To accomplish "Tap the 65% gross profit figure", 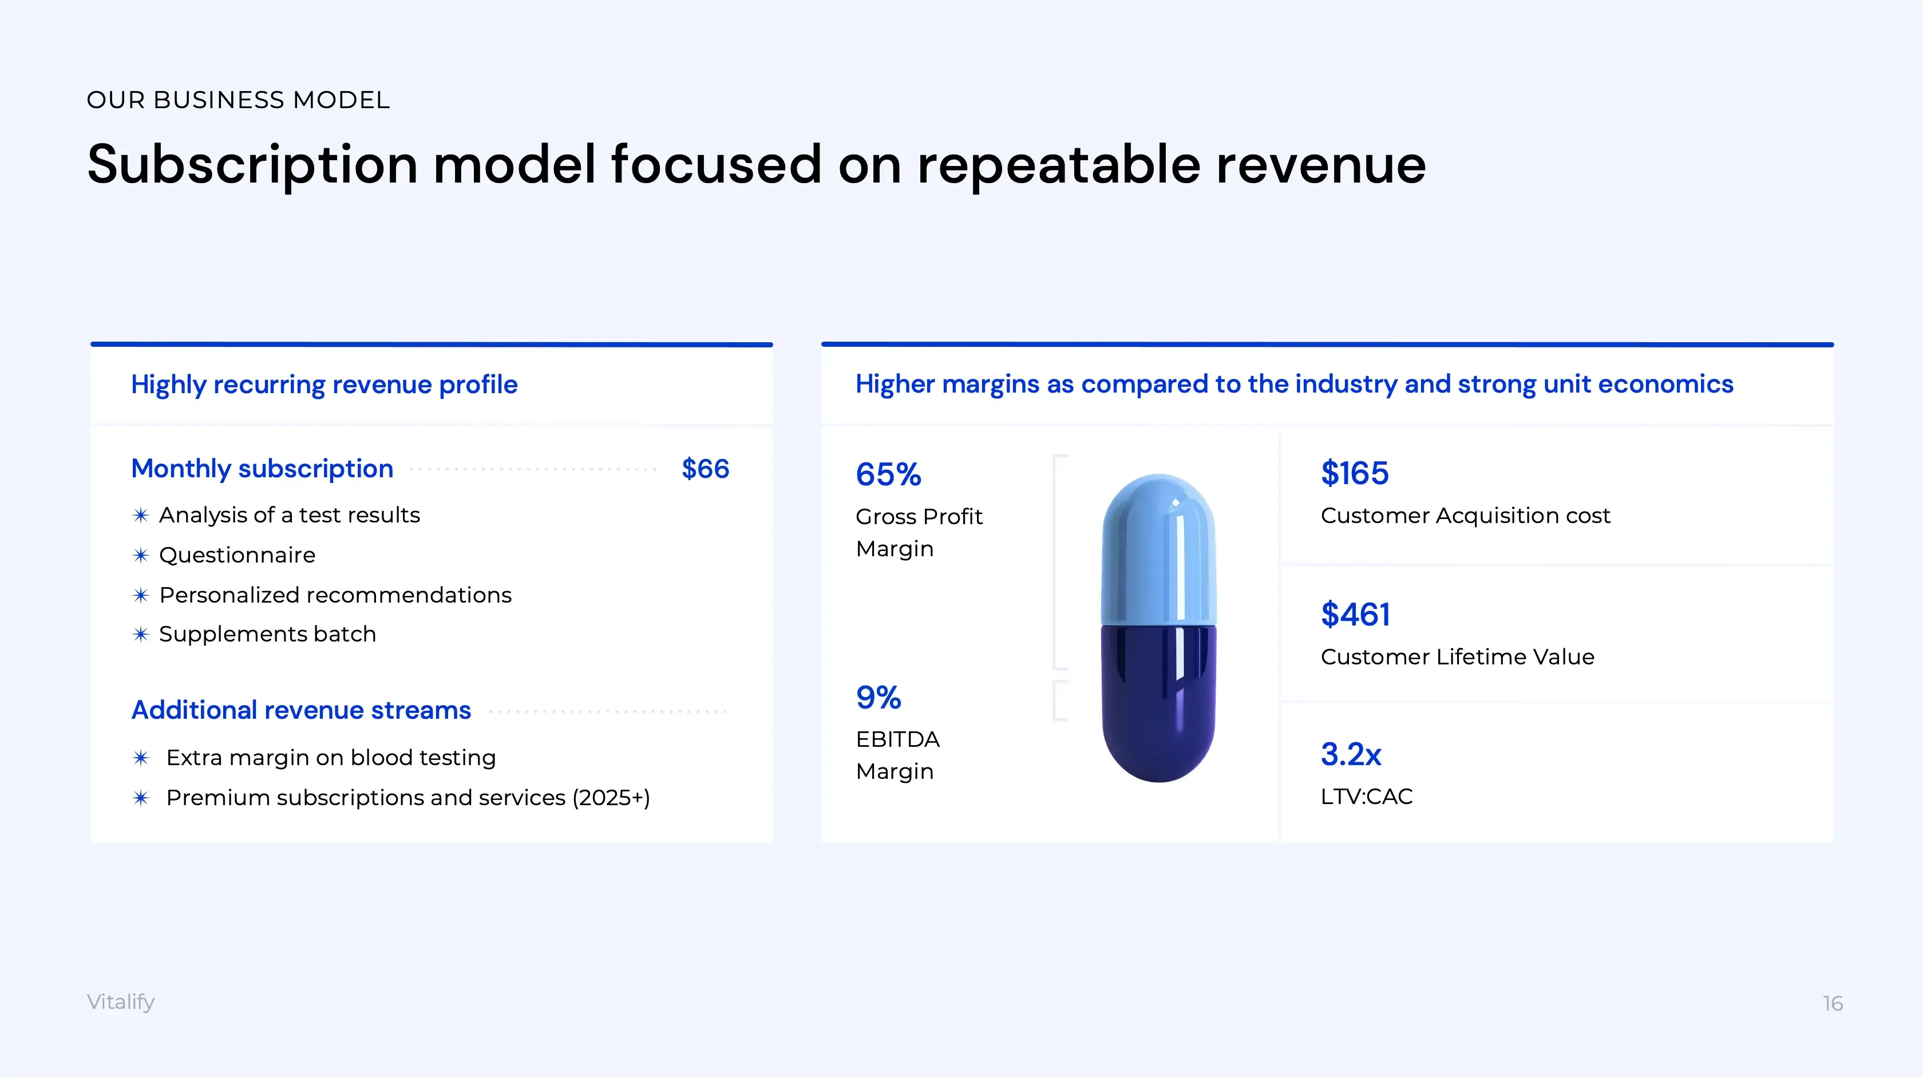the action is (888, 474).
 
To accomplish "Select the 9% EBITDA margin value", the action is (879, 698).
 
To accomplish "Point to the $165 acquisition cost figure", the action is (1354, 473).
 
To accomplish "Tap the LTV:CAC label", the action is (1366, 797).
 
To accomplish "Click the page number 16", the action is (1832, 1003).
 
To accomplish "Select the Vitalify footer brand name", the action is (121, 1001).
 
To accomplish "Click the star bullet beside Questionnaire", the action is (140, 555).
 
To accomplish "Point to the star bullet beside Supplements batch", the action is (140, 635).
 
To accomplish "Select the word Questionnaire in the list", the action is (238, 555).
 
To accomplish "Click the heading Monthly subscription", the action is (262, 469).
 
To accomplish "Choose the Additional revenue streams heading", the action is (301, 710).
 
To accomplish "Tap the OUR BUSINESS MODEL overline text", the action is (238, 100).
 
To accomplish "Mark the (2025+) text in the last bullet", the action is (611, 798).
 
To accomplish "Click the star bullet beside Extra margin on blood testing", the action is (140, 758).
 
